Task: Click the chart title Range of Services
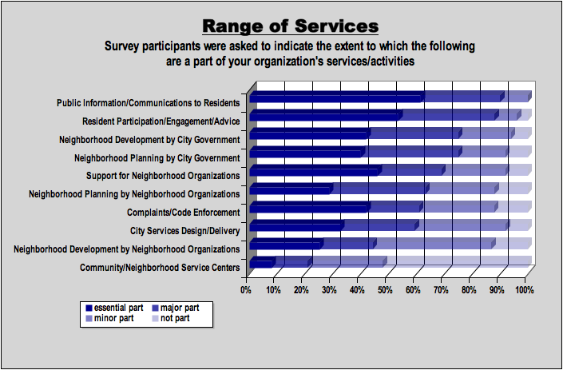290,26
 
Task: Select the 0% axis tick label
246,290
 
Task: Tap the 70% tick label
441,290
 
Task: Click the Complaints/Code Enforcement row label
183,213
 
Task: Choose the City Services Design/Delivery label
184,231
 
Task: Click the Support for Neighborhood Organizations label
163,176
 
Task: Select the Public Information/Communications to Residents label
149,102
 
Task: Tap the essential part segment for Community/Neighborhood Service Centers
261,263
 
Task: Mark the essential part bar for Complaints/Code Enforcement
309,208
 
